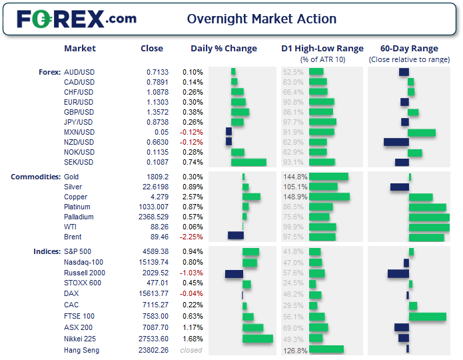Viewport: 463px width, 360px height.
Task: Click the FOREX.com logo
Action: point(76,19)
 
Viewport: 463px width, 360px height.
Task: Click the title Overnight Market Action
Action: point(262,19)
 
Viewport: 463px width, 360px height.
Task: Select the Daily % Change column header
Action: point(224,48)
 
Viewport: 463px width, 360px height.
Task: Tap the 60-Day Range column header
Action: point(409,48)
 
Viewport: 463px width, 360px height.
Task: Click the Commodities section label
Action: point(35,177)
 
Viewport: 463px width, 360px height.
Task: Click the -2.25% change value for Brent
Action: point(192,237)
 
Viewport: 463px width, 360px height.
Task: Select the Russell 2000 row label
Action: point(85,273)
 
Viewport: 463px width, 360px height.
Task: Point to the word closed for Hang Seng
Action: point(191,350)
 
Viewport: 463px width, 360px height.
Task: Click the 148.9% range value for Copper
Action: point(294,197)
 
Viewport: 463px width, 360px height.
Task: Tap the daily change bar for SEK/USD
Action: point(248,162)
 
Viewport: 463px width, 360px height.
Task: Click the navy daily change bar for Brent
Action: point(236,235)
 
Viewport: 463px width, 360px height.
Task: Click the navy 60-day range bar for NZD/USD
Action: point(396,142)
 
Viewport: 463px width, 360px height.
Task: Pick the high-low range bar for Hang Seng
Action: point(326,349)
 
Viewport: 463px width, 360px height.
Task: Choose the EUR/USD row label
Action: point(79,102)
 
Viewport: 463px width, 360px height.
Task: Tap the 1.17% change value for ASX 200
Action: point(192,327)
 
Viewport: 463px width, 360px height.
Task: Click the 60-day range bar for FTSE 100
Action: point(427,317)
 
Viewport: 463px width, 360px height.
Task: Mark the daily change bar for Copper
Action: point(251,197)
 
